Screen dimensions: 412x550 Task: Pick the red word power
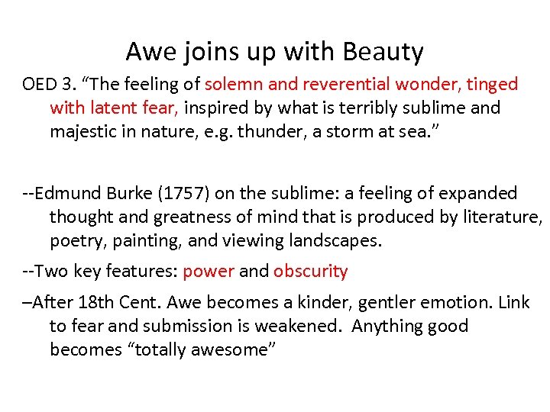pos(209,271)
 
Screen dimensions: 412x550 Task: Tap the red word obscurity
pos(310,271)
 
